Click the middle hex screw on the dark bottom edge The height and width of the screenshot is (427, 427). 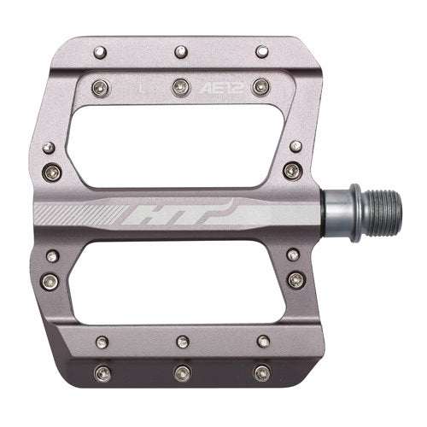click(180, 373)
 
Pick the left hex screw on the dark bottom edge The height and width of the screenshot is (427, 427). click(103, 373)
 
